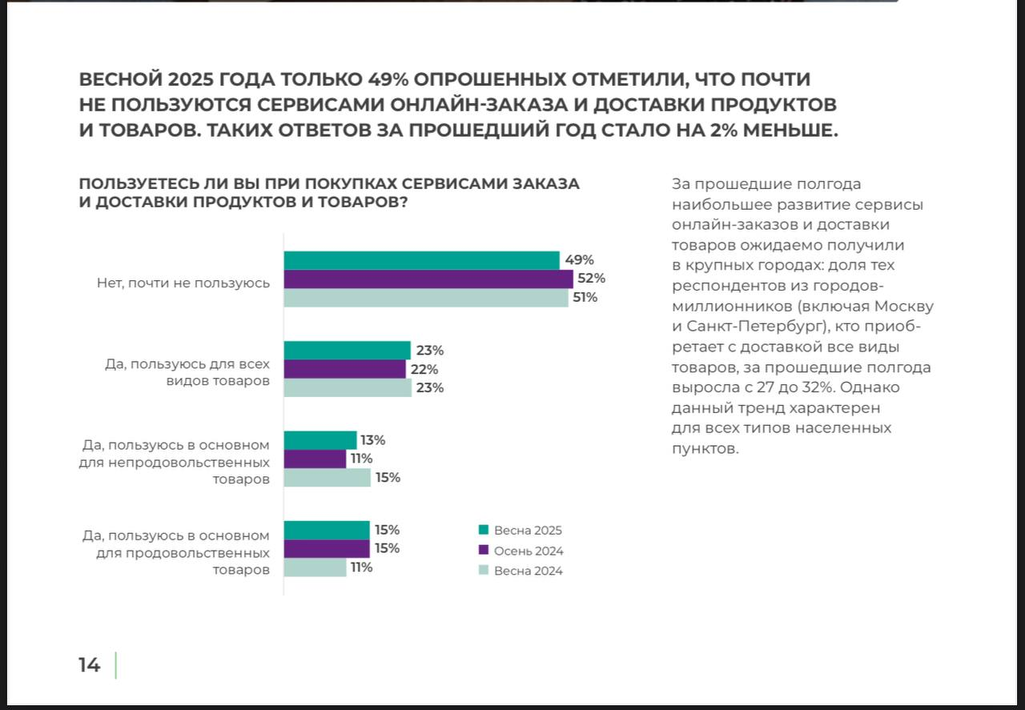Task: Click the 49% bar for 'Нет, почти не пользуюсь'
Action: pos(421,260)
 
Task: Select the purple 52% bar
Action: pos(428,279)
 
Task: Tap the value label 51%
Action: pos(585,298)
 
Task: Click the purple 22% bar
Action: pos(345,369)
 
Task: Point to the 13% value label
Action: pos(373,440)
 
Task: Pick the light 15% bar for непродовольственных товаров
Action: pos(328,478)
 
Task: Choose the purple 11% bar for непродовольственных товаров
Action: pos(315,459)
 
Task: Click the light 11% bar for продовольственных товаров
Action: pos(315,568)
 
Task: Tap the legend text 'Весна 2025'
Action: pos(528,531)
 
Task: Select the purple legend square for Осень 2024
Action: pos(483,550)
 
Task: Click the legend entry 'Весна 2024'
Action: pos(528,572)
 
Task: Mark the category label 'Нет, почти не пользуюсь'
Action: pos(183,283)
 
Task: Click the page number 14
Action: pos(89,665)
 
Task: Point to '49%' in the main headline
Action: pos(389,79)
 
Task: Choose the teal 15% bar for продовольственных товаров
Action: pos(327,530)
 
